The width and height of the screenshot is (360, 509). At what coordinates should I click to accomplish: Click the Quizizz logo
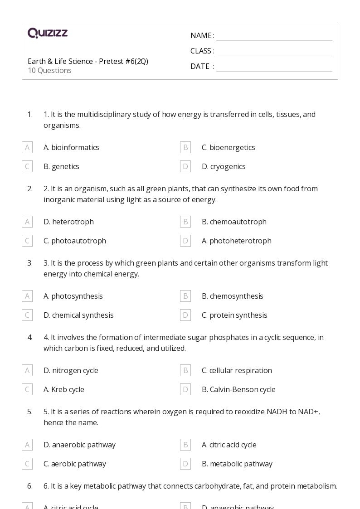click(48, 33)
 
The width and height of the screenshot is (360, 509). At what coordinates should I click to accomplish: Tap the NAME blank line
click(274, 36)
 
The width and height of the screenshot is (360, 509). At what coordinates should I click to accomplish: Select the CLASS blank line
click(274, 52)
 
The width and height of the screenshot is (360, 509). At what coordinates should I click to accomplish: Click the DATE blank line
click(274, 67)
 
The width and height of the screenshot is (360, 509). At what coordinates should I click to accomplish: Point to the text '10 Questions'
click(49, 71)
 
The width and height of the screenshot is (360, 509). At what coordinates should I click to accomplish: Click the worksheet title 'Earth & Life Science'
click(88, 61)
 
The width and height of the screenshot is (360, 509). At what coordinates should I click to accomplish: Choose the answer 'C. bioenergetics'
click(228, 147)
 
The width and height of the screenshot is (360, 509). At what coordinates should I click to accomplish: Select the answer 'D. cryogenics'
click(224, 166)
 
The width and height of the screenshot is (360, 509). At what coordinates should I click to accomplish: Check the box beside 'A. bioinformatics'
click(27, 147)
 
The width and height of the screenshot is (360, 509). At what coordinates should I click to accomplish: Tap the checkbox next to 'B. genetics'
click(27, 166)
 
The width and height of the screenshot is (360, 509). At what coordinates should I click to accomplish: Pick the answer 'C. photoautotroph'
click(75, 241)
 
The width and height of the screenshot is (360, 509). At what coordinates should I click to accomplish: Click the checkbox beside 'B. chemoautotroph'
click(185, 222)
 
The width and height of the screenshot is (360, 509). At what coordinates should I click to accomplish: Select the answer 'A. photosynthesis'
click(73, 296)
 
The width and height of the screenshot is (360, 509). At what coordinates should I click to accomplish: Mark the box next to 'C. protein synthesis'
click(185, 315)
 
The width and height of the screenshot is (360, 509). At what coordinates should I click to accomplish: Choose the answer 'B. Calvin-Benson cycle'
click(238, 389)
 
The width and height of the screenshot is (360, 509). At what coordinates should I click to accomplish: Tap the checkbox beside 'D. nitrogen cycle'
click(27, 370)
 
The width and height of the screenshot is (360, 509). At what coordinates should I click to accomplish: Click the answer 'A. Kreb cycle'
click(64, 389)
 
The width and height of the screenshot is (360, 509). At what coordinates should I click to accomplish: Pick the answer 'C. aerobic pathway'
click(75, 464)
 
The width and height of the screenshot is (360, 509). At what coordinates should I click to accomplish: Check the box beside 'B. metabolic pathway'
click(185, 464)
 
